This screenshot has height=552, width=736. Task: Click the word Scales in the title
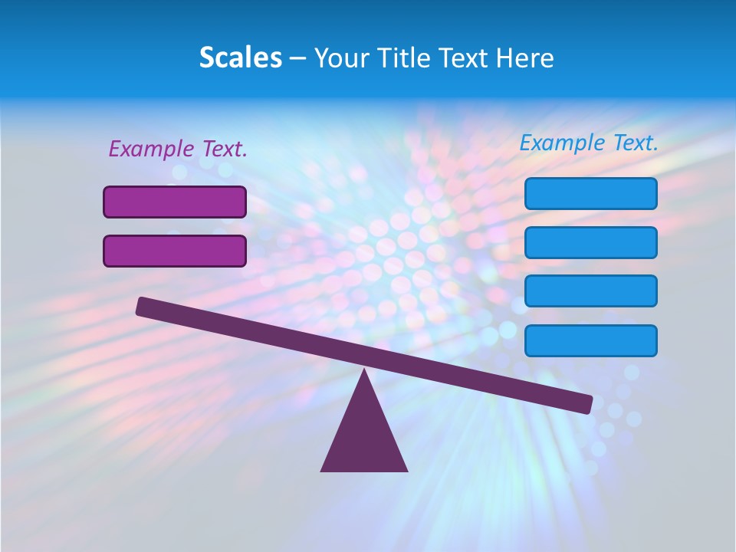point(240,58)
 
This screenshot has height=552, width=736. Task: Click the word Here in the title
point(526,58)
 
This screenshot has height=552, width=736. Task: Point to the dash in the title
point(297,59)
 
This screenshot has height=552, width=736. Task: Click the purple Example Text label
point(178,149)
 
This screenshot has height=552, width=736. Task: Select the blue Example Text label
point(589,143)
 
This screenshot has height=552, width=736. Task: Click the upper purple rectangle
point(175,202)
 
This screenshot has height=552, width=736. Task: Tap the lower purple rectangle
point(175,251)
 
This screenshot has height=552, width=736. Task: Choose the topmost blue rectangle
point(590,193)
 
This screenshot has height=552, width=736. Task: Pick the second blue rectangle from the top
point(590,242)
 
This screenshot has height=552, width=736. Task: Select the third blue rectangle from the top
point(590,291)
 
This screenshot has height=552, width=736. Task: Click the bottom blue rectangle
point(590,340)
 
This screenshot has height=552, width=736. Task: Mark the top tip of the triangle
point(364,372)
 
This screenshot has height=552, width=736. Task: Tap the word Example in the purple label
point(151,149)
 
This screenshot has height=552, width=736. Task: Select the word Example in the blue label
point(562,143)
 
